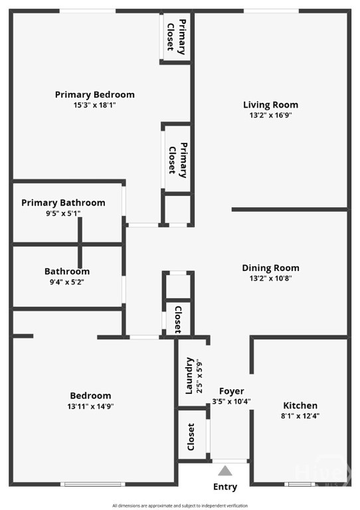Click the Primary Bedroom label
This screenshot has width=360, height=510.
94,94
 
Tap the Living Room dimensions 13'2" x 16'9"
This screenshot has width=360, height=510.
270,115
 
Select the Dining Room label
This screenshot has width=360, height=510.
270,268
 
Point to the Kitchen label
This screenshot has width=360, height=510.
300,405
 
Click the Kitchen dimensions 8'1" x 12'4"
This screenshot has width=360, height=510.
300,416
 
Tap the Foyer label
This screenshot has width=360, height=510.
231,391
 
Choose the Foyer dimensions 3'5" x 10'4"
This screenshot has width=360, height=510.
231,401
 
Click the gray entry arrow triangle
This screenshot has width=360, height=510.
226,471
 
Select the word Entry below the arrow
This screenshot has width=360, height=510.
225,487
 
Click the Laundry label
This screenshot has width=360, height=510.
189,376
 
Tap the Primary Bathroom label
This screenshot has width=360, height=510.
63,203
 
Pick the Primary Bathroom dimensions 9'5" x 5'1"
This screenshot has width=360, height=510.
63,213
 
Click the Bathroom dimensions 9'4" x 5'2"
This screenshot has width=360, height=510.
67,282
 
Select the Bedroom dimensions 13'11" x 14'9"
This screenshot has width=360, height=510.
89,406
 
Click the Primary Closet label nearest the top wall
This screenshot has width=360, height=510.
175,37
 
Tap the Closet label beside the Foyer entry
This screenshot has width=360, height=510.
191,436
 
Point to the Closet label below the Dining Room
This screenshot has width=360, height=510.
177,319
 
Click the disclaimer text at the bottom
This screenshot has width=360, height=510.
179,505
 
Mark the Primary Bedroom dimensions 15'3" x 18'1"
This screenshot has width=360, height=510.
94,105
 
